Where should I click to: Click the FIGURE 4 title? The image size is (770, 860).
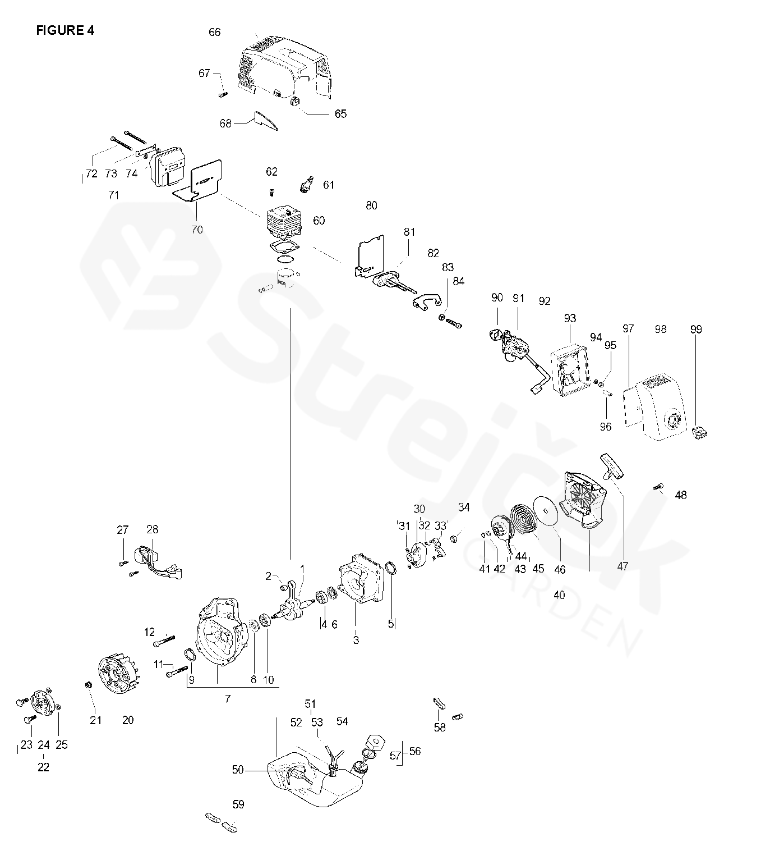click(65, 30)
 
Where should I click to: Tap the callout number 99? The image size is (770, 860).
click(695, 330)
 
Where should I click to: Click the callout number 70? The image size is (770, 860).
click(197, 230)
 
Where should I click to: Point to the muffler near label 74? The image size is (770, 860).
click(169, 166)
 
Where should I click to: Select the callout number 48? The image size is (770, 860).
click(681, 495)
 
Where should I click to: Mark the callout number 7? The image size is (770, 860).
click(227, 699)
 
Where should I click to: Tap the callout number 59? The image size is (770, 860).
click(238, 804)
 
